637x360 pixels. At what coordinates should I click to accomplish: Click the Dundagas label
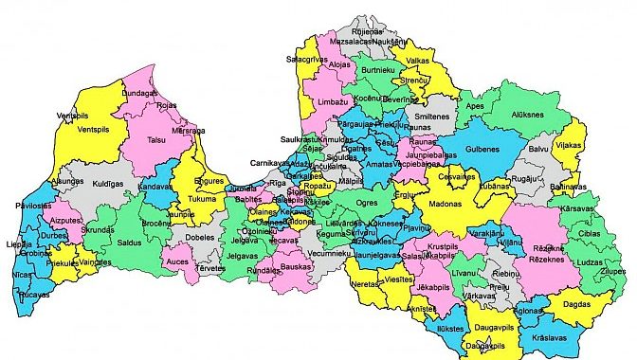tap(139, 94)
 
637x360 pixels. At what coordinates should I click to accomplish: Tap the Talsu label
tap(156, 140)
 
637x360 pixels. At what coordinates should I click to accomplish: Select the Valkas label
tap(418, 61)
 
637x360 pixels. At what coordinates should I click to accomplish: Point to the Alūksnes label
tap(527, 114)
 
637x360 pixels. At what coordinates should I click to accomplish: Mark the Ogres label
tap(365, 202)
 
